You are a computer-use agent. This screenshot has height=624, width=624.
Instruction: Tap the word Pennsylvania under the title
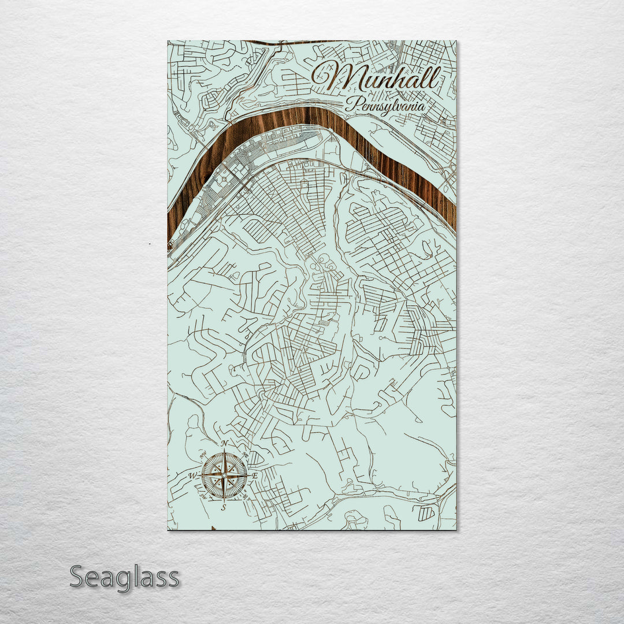click(x=385, y=106)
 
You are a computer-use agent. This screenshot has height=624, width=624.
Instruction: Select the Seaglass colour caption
click(x=124, y=577)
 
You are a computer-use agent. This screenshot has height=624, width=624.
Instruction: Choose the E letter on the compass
click(x=255, y=476)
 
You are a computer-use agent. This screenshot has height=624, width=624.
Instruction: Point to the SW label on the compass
click(x=203, y=496)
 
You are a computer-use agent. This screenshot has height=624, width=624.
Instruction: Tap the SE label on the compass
click(x=246, y=495)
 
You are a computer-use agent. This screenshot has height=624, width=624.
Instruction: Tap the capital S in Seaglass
click(x=79, y=577)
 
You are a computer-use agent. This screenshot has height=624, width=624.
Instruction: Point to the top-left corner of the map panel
click(x=168, y=41)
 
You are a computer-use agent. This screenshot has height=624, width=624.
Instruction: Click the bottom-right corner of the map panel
click(x=455, y=529)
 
